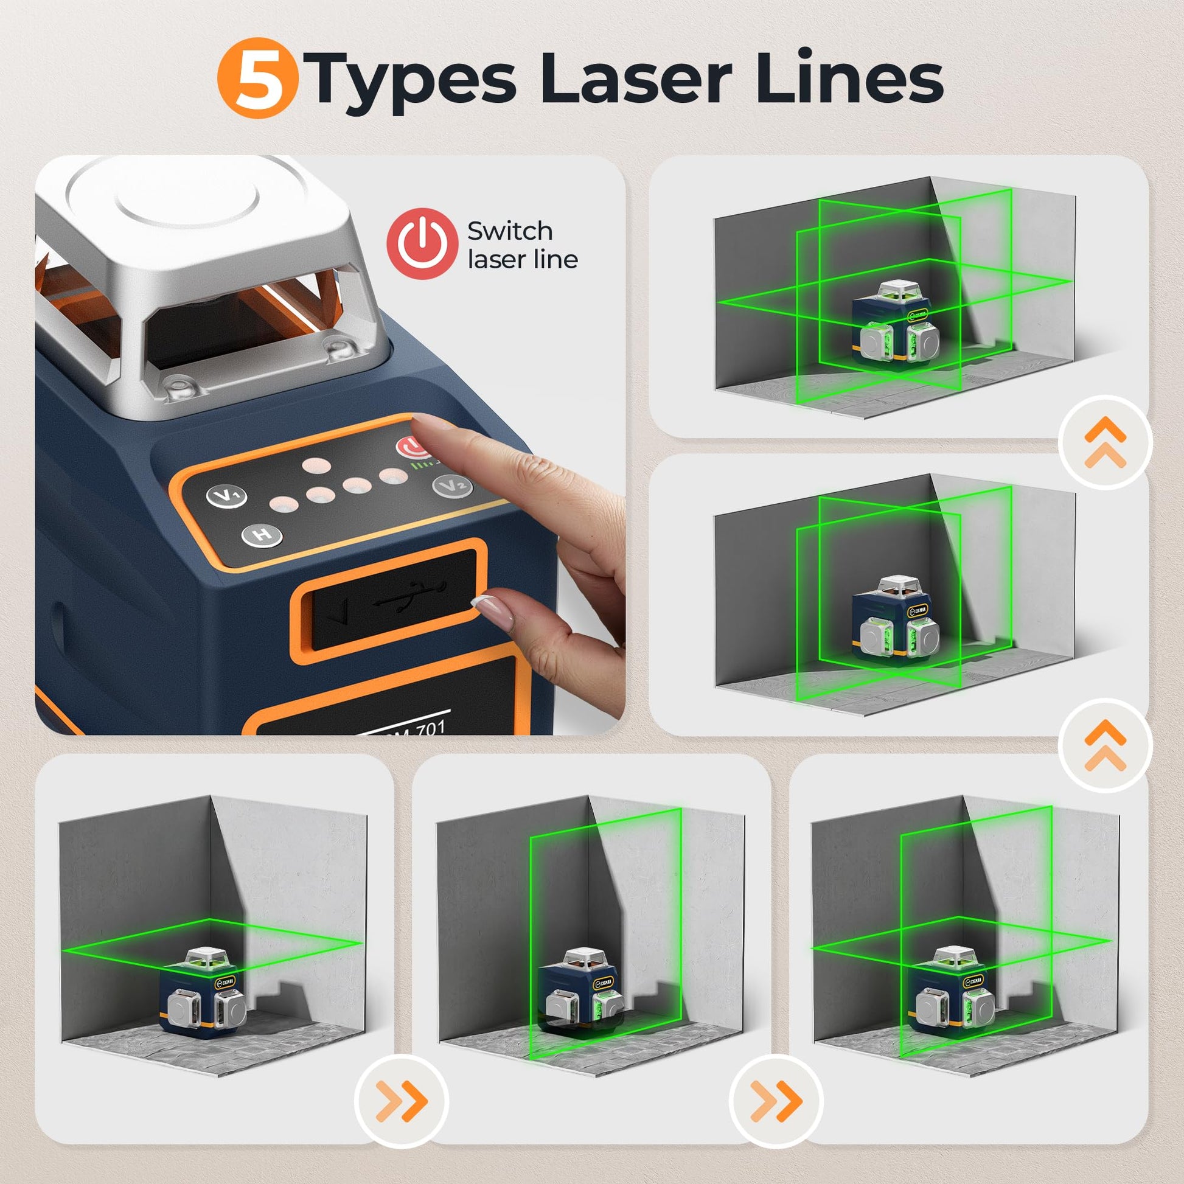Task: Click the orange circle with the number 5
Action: (258, 78)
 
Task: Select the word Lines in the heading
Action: (849, 79)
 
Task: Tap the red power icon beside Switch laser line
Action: (422, 244)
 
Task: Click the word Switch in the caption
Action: (510, 231)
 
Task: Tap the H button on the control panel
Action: (262, 535)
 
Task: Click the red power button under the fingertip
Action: (412, 447)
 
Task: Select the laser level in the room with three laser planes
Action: (896, 326)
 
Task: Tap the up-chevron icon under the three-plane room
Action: (1105, 442)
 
